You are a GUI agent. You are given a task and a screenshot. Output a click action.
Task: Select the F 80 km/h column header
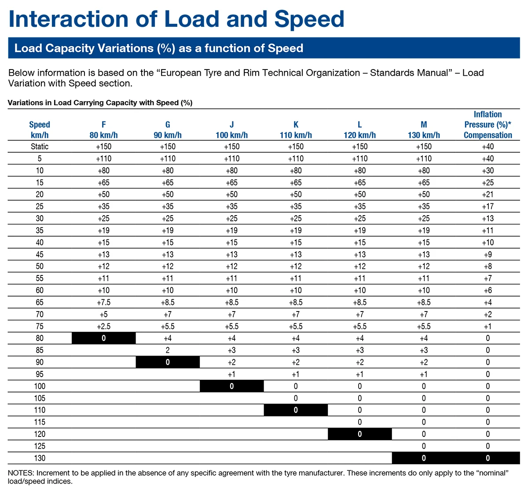[103, 130]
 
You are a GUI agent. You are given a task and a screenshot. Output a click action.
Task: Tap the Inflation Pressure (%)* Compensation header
[488, 125]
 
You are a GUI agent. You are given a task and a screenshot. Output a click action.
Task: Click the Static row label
[40, 147]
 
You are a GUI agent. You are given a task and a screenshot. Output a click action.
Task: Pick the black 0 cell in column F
[103, 338]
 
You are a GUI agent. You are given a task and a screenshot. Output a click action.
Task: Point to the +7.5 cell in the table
[103, 302]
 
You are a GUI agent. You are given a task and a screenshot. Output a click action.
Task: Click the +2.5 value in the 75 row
[103, 326]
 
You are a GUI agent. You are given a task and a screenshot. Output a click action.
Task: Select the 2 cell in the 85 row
[168, 350]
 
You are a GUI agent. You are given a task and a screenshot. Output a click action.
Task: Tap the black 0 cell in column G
[168, 362]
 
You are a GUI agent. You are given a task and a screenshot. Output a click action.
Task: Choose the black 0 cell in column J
[232, 386]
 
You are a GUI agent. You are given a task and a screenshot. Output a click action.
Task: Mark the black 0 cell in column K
[296, 410]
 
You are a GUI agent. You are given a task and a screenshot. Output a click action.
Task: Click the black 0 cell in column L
[360, 434]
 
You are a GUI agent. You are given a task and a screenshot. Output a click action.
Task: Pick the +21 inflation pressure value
[488, 194]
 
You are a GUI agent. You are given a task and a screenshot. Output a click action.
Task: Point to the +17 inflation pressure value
[488, 206]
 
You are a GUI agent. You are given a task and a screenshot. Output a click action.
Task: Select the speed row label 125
[40, 446]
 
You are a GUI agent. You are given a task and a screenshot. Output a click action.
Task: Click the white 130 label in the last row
[40, 458]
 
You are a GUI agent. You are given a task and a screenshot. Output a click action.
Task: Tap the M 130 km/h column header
[424, 130]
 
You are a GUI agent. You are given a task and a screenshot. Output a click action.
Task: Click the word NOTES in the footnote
[21, 473]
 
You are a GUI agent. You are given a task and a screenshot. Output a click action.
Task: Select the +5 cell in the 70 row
[103, 315]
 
